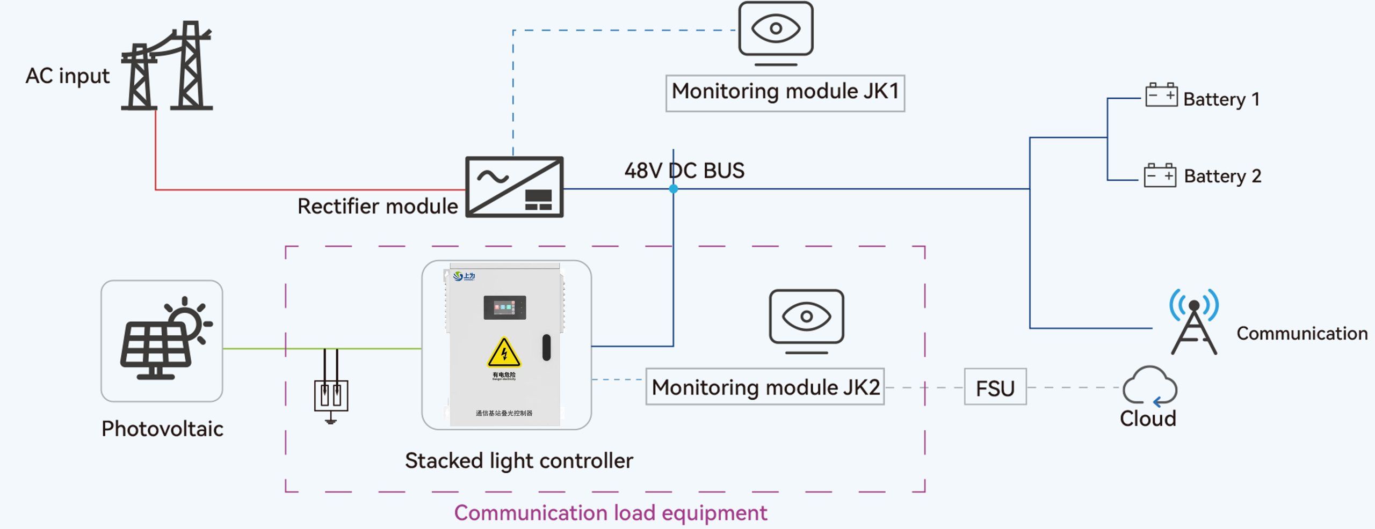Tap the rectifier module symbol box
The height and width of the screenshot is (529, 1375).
(x=514, y=187)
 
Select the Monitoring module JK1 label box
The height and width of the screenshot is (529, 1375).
(x=785, y=93)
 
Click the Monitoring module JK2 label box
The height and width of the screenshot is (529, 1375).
(x=765, y=387)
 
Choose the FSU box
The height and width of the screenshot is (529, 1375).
(x=995, y=387)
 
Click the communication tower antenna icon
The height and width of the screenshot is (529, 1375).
(x=1193, y=321)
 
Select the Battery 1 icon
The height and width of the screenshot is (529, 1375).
(x=1161, y=95)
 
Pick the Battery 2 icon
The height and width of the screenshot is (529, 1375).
(x=1160, y=175)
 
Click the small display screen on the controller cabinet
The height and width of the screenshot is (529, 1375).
(x=504, y=307)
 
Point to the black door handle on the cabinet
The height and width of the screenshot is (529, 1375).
(x=546, y=348)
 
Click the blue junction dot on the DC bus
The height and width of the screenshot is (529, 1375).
(x=674, y=189)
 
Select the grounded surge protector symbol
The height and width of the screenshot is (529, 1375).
(x=331, y=396)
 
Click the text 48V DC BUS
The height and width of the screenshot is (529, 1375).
(x=684, y=171)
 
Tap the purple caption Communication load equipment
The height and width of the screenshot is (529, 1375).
(x=611, y=513)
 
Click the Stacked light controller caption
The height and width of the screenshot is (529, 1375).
(x=519, y=461)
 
